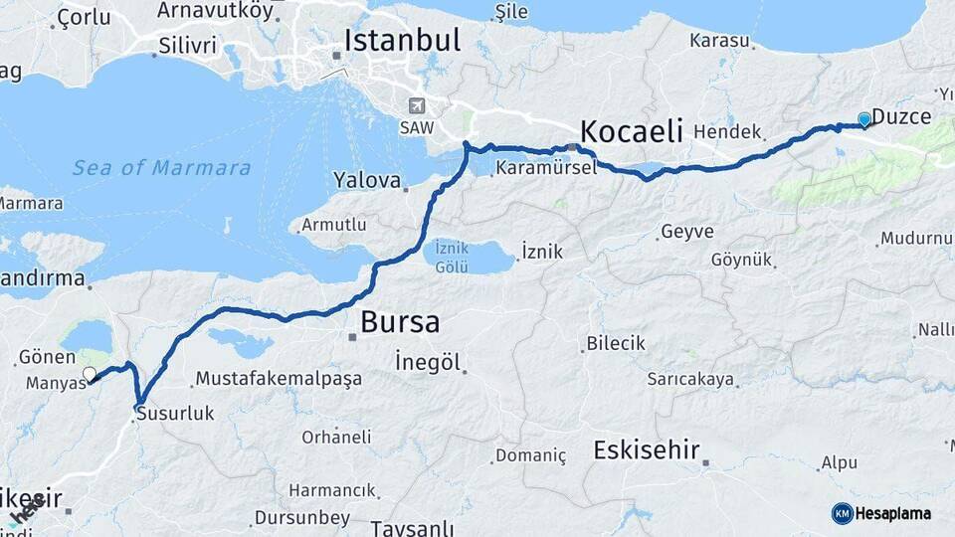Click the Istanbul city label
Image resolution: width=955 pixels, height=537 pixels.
pyautogui.click(x=402, y=41)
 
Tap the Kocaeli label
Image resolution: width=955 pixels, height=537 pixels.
pyautogui.click(x=631, y=130)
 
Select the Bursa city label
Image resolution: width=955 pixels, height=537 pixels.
pyautogui.click(x=400, y=322)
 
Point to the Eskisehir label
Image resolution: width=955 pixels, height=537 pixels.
pyautogui.click(x=647, y=449)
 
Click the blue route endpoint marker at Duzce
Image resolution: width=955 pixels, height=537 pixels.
pyautogui.click(x=864, y=120)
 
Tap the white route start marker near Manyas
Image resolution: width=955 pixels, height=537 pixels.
pyautogui.click(x=90, y=375)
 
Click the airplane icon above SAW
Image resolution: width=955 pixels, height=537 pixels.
pyautogui.click(x=416, y=105)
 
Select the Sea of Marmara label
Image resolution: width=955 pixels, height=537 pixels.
pyautogui.click(x=161, y=168)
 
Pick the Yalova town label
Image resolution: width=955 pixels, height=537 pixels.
pyautogui.click(x=367, y=182)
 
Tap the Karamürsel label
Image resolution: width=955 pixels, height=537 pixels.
pyautogui.click(x=546, y=167)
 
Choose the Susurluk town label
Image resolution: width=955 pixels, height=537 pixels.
pyautogui.click(x=175, y=413)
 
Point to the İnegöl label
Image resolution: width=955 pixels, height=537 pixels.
pyautogui.click(x=428, y=362)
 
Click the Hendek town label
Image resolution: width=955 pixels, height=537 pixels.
pyautogui.click(x=727, y=131)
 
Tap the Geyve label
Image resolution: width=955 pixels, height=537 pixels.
pyautogui.click(x=687, y=232)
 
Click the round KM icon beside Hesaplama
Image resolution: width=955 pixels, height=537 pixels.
pyautogui.click(x=843, y=513)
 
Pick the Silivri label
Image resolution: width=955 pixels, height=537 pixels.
pyautogui.click(x=188, y=45)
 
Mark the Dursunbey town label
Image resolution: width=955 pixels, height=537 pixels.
pyautogui.click(x=302, y=517)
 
